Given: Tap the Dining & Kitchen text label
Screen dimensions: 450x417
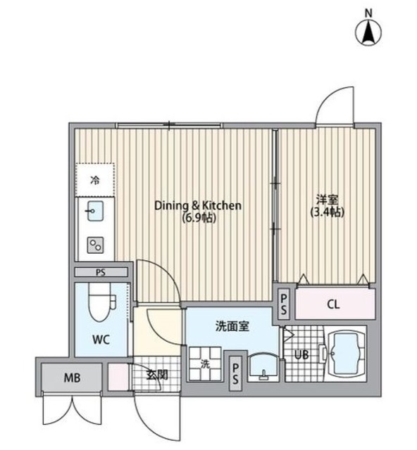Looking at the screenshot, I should coord(198,206).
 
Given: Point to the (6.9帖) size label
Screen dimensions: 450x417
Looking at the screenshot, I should coord(198,219).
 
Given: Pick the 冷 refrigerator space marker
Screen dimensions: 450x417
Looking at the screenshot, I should coord(94,180).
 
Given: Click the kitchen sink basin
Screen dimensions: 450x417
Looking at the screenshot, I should coord(95,210).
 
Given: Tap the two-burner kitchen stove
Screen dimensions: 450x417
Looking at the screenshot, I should coord(95,244).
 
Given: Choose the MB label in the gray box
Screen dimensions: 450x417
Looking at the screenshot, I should coord(73,378).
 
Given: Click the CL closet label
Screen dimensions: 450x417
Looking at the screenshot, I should coord(334,305).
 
